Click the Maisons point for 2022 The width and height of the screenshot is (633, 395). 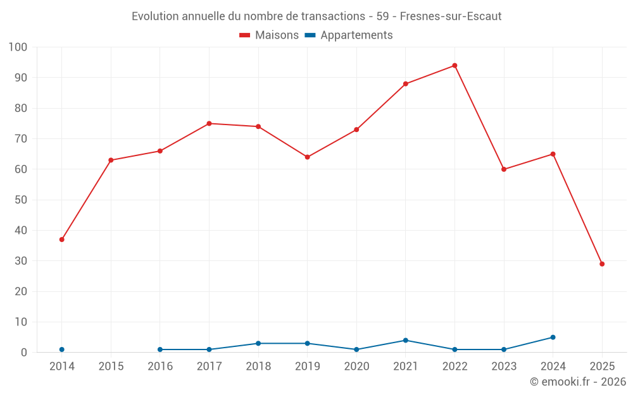[454, 66]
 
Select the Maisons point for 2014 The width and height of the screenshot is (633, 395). [61, 240]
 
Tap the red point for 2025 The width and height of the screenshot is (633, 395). [602, 264]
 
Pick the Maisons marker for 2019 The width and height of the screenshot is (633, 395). [307, 157]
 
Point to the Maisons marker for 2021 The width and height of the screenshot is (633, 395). [405, 84]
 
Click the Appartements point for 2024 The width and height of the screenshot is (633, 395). [553, 337]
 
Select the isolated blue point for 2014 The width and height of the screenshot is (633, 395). [61, 349]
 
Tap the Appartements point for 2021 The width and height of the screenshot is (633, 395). [405, 341]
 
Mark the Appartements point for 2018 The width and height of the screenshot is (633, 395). [258, 344]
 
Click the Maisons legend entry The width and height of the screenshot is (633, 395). [269, 35]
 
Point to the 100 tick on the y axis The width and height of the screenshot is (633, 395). [18, 47]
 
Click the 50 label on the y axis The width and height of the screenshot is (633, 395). [21, 200]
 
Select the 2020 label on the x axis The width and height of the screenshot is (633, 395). [356, 366]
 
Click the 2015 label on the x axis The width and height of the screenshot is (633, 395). [111, 366]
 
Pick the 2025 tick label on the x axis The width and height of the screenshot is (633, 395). [602, 366]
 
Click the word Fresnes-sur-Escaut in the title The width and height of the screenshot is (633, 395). [451, 16]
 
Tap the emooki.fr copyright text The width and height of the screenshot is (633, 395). [578, 382]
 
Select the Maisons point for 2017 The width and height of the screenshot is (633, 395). [209, 124]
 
